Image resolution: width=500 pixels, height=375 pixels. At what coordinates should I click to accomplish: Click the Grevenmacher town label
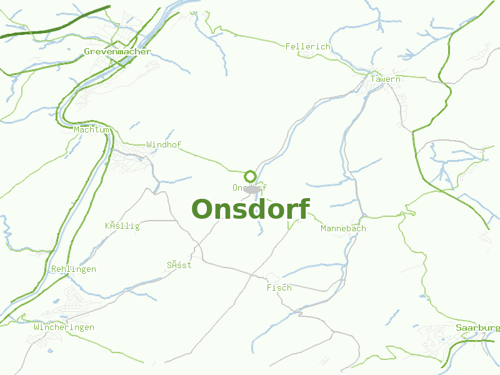[x=117, y=51]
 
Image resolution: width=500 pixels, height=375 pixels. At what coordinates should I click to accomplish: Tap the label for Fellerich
[x=307, y=47]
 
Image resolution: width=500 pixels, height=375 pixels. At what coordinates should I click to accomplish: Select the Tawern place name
[x=385, y=79]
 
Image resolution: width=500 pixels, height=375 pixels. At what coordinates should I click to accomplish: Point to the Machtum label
[x=91, y=130]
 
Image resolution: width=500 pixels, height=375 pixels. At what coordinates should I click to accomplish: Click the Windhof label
[x=164, y=144]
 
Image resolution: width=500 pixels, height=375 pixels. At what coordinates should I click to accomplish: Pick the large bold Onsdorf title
[x=250, y=209]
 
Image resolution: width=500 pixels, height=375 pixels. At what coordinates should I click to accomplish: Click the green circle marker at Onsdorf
[x=251, y=176]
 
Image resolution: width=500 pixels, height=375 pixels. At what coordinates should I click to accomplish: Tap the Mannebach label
[x=343, y=229]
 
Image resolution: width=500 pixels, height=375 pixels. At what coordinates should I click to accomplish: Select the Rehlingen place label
[x=74, y=269]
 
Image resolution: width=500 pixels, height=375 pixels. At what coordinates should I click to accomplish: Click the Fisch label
[x=279, y=287]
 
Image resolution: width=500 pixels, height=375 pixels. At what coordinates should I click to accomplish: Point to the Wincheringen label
[x=64, y=327]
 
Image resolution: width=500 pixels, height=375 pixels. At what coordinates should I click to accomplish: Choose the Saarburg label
[x=477, y=327]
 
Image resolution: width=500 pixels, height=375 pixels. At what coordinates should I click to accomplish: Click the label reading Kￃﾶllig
[x=122, y=226]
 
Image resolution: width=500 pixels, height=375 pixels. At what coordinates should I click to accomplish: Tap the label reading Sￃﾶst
[x=179, y=265]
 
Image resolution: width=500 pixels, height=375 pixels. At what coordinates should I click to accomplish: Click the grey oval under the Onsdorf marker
[x=252, y=189]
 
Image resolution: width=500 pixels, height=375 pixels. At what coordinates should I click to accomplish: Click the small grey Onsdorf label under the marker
[x=249, y=187]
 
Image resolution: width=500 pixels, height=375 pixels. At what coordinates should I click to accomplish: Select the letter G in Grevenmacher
[x=87, y=51]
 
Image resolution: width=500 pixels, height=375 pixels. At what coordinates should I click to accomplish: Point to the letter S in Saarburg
[x=458, y=327]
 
